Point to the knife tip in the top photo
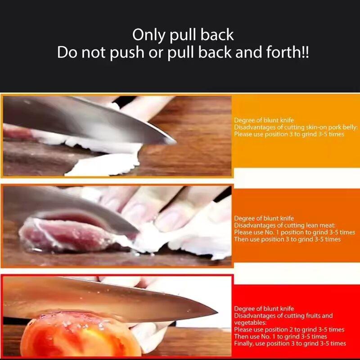click(x=173, y=141)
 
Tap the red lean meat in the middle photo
click(x=67, y=234)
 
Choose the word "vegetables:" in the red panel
click(x=250, y=323)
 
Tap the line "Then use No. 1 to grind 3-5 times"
click(x=280, y=337)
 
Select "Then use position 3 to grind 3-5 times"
click(x=287, y=239)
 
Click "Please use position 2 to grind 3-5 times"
click(x=289, y=329)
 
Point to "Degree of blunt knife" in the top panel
click(x=264, y=120)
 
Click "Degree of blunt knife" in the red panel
click(x=264, y=309)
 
